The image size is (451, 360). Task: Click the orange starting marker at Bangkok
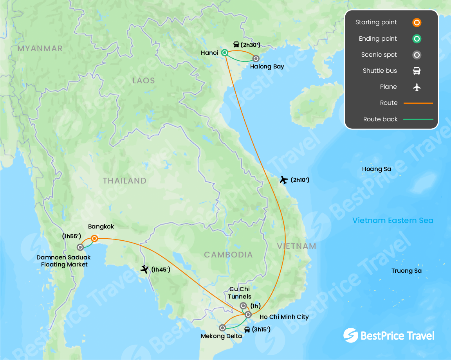point(94,238)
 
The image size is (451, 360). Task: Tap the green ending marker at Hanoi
point(225,52)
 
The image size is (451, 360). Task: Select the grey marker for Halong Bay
point(256,59)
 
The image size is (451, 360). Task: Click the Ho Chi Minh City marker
point(248,314)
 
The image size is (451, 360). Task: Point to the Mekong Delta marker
point(222,328)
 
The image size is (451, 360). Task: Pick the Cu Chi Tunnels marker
point(243,306)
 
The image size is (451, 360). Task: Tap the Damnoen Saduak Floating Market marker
point(80,247)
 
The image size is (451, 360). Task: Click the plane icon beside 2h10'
point(284,180)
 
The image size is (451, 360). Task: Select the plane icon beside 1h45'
point(145,269)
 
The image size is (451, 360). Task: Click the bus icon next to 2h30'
point(236,45)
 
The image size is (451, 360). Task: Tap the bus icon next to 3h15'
point(247,329)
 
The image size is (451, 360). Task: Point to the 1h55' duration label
point(72,236)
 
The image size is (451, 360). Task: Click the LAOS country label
point(144,81)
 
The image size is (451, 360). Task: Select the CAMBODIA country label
point(228,255)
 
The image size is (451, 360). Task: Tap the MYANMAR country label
point(40,49)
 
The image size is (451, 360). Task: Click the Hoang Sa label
point(377,169)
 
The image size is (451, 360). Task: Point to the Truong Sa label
point(407,271)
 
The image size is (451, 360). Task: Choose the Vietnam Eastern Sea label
point(393,220)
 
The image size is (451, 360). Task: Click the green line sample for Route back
point(418,119)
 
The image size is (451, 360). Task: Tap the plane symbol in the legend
point(417,87)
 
